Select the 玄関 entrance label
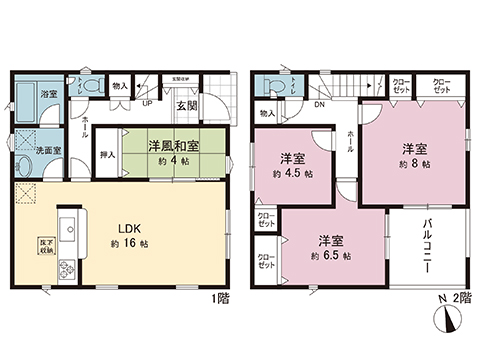tap(187, 105)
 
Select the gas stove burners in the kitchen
tap(67, 268)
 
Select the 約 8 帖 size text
tap(415, 162)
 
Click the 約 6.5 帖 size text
tap(332, 255)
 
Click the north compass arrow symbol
tap(445, 322)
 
